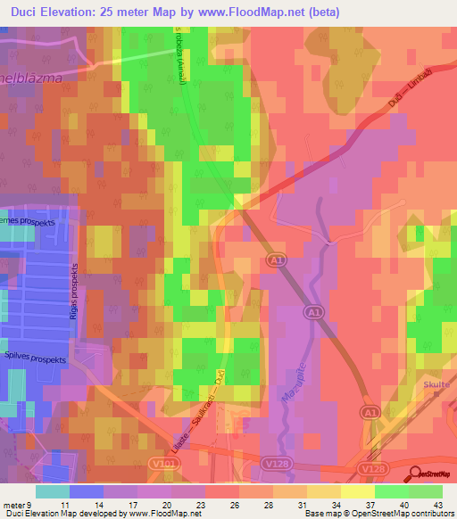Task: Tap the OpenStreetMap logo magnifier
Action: [x=414, y=472]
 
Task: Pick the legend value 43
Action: [x=437, y=504]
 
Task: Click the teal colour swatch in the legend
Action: [x=52, y=490]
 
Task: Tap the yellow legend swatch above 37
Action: [x=357, y=490]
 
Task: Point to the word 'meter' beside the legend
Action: [x=12, y=504]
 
